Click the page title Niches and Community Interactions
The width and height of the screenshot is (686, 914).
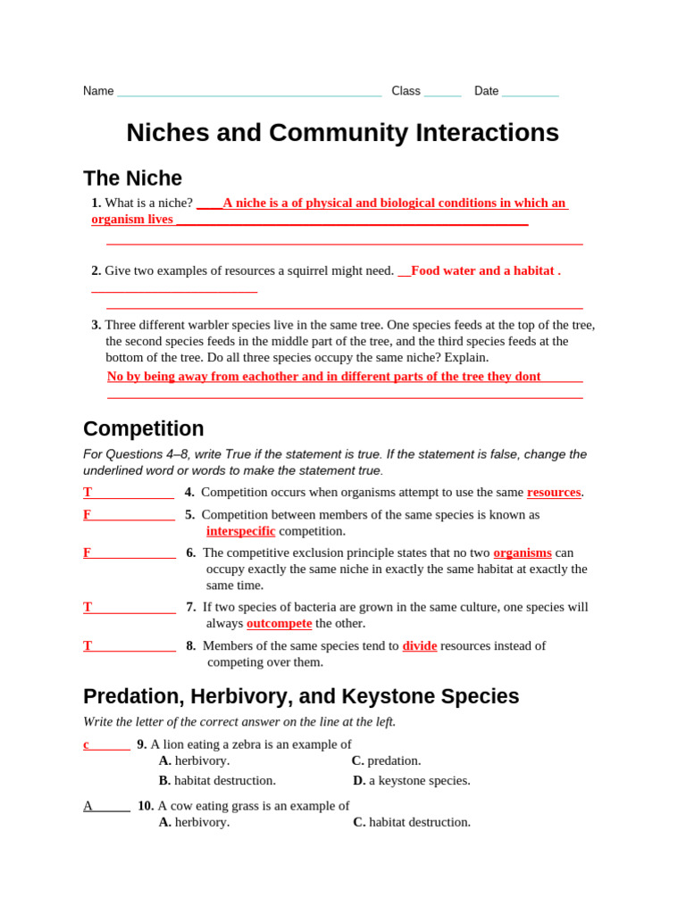pos(342,133)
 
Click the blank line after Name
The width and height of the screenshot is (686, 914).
pos(249,92)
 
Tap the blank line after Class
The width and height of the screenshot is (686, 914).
pos(442,92)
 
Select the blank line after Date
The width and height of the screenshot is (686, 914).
pos(530,92)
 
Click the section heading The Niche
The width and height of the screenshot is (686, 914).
pos(132,179)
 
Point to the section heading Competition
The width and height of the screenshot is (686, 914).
pos(143,428)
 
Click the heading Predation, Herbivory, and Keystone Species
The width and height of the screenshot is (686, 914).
pos(301,696)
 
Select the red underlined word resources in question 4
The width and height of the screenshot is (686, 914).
pos(554,492)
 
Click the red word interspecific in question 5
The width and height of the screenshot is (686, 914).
pos(240,531)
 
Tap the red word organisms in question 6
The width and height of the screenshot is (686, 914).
pos(522,553)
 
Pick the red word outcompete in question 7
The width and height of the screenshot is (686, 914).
pos(279,623)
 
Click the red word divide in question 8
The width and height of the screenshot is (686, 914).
pos(419,645)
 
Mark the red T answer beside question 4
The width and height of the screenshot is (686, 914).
pos(88,492)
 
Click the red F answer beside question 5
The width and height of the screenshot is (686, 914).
pos(88,515)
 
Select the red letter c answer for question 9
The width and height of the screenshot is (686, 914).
pos(87,744)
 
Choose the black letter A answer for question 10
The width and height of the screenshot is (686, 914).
pos(88,806)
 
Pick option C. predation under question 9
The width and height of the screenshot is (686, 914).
pos(386,760)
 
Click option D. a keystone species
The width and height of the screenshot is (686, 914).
pos(411,780)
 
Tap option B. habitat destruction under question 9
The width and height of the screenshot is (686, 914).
pos(217,780)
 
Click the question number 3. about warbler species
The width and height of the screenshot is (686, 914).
pos(96,325)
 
